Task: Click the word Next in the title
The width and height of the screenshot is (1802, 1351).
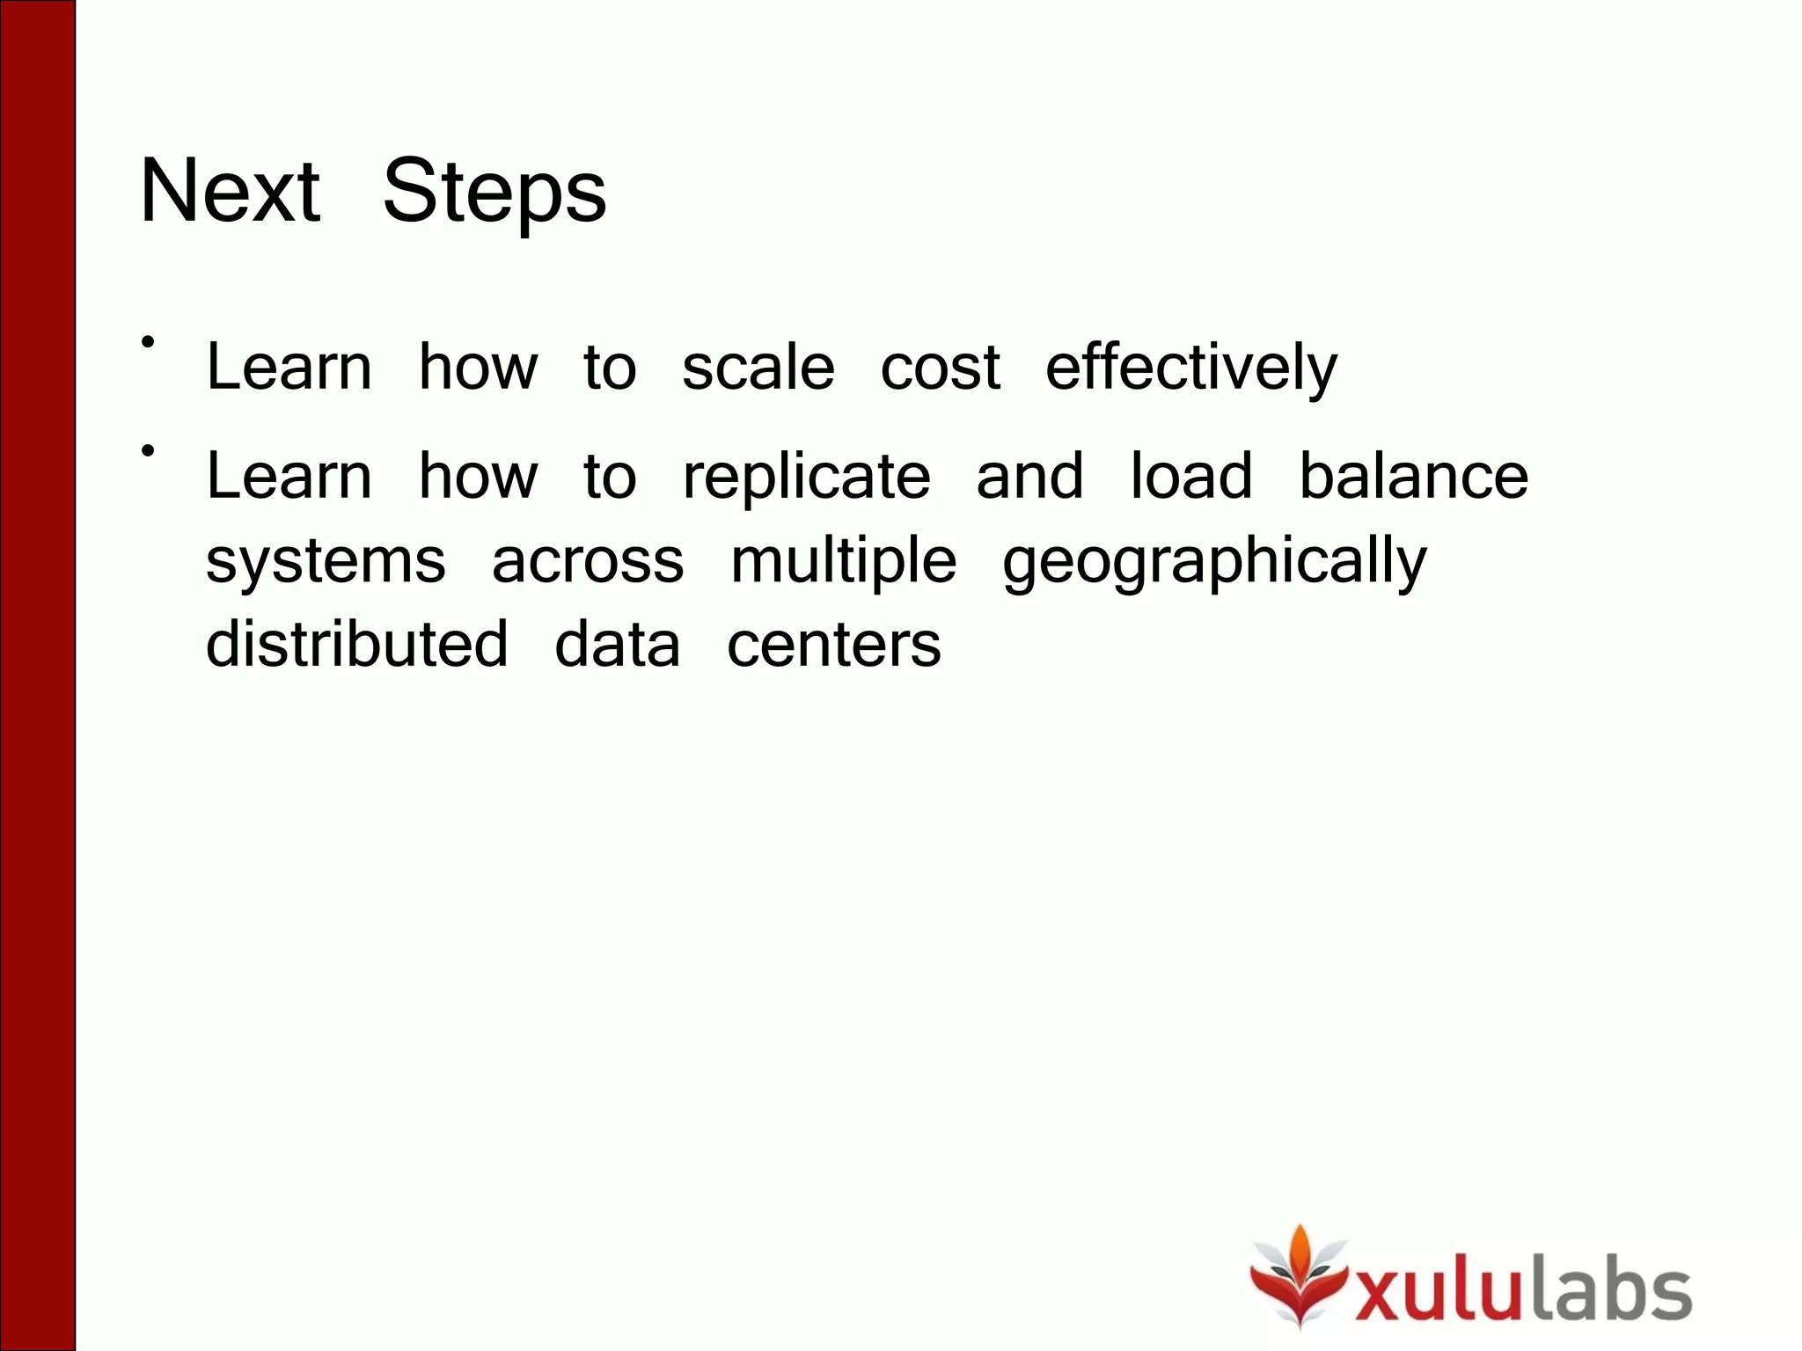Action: coord(231,191)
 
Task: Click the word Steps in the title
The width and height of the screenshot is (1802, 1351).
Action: coord(494,191)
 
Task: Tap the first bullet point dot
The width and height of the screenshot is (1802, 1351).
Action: coord(148,341)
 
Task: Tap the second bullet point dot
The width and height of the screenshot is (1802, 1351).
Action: coord(148,451)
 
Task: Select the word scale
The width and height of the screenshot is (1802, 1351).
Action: coord(758,367)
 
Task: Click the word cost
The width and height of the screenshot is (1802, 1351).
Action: coord(940,367)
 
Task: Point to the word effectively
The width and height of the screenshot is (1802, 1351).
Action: coord(1191,367)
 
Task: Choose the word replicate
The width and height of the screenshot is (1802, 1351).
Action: coord(806,477)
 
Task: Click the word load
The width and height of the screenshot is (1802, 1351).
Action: coord(1190,477)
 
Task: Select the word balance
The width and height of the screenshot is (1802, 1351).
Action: coord(1414,477)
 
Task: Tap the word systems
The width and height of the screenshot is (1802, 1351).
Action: coord(326,560)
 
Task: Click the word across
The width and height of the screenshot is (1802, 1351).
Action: coord(588,560)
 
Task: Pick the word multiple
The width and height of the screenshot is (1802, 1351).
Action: coord(843,560)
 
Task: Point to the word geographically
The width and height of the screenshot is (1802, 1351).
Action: coord(1214,560)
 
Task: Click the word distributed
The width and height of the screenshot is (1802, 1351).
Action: coord(357,644)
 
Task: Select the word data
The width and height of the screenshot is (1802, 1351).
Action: coord(617,644)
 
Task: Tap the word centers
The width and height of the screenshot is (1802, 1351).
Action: coord(833,644)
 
